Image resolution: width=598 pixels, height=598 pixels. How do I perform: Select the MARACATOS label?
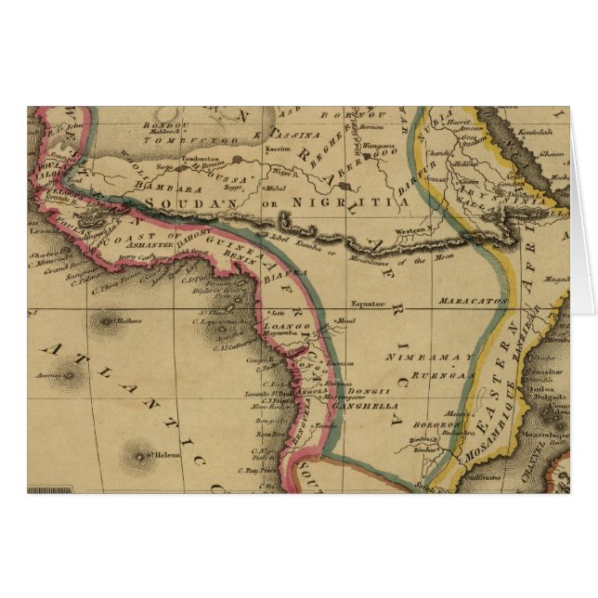(479, 302)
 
